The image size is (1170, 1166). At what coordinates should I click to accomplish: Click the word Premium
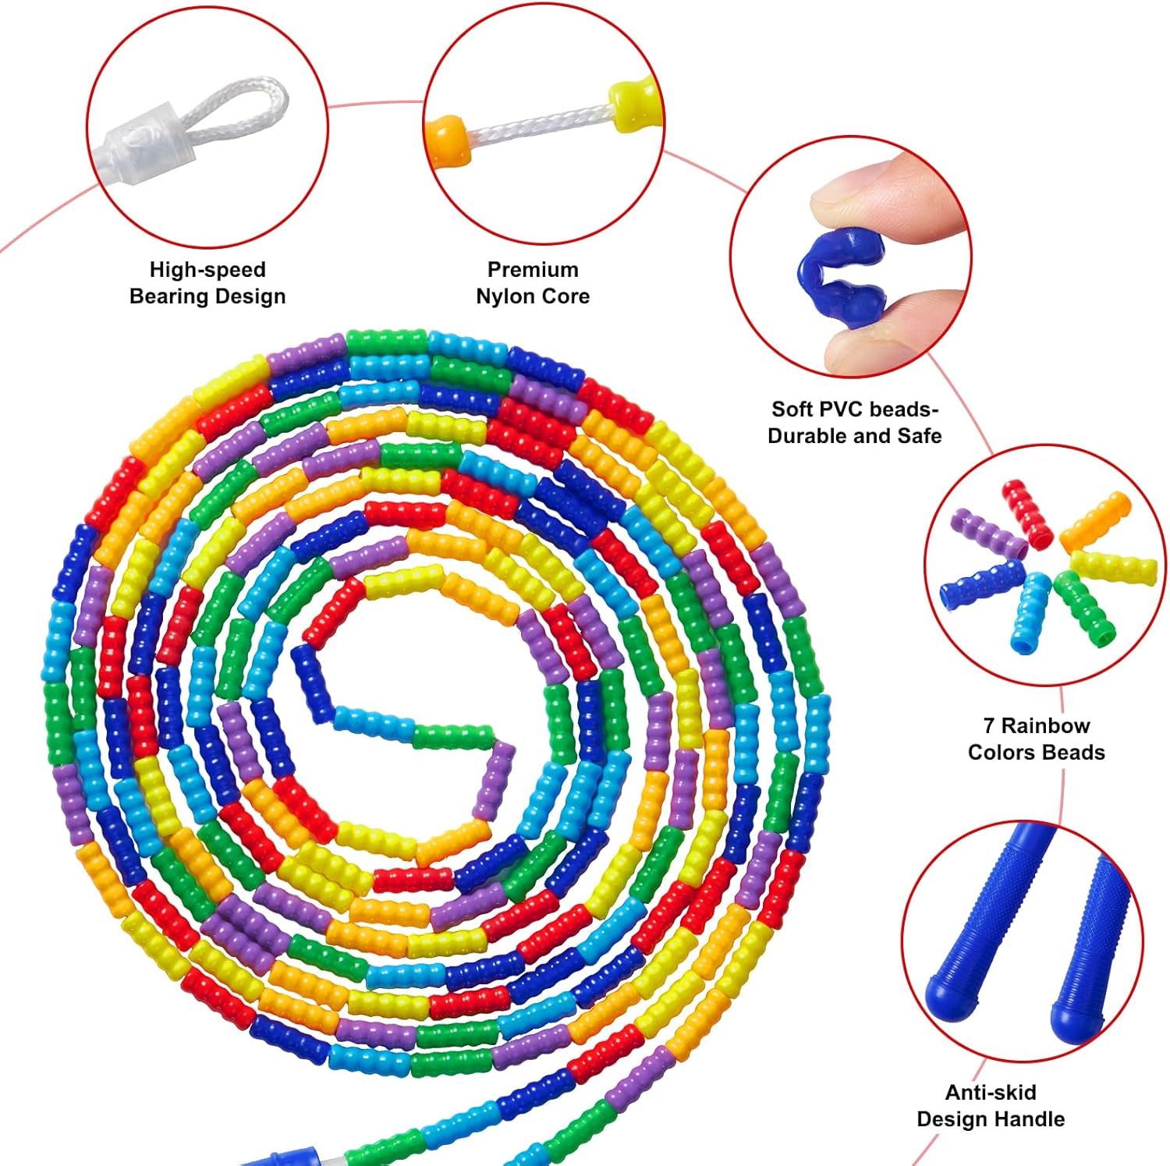533,270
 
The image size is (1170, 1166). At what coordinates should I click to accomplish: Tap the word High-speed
207,270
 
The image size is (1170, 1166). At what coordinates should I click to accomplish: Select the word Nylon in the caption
504,296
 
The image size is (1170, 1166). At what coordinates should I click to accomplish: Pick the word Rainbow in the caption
1045,726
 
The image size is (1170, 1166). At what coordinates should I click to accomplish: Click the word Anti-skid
991,1092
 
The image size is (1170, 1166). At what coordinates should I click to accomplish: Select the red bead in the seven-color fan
1027,512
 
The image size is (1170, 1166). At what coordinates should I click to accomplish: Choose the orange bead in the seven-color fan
1094,521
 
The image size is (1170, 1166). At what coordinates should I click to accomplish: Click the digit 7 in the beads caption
989,726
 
